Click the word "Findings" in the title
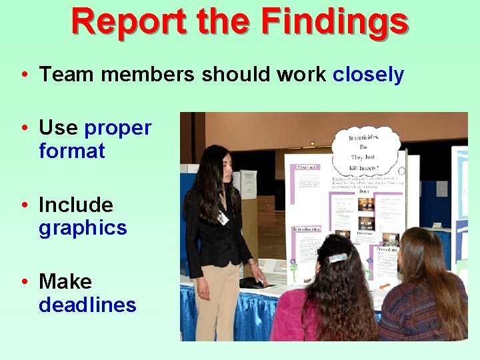334,21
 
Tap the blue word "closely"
368,75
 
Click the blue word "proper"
118,127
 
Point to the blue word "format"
72,151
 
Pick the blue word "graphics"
83,228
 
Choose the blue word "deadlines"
87,305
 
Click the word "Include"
76,205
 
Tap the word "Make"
65,281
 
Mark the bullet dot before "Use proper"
23,127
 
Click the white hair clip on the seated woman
338,257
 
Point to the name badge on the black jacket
222,217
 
